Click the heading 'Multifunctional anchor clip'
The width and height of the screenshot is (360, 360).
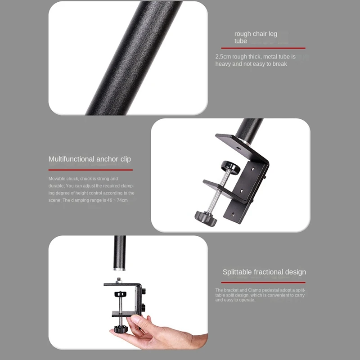click(90, 159)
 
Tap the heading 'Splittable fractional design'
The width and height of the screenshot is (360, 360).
click(264, 272)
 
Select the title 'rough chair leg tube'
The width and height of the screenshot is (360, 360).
click(255, 37)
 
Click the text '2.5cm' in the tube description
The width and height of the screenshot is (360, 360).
click(222, 57)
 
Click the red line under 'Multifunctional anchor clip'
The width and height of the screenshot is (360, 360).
click(90, 170)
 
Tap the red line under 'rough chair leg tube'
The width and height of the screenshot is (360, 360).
click(263, 48)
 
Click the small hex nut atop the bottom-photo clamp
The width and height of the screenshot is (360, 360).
click(119, 280)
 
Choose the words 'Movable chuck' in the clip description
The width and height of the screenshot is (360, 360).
click(63, 179)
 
